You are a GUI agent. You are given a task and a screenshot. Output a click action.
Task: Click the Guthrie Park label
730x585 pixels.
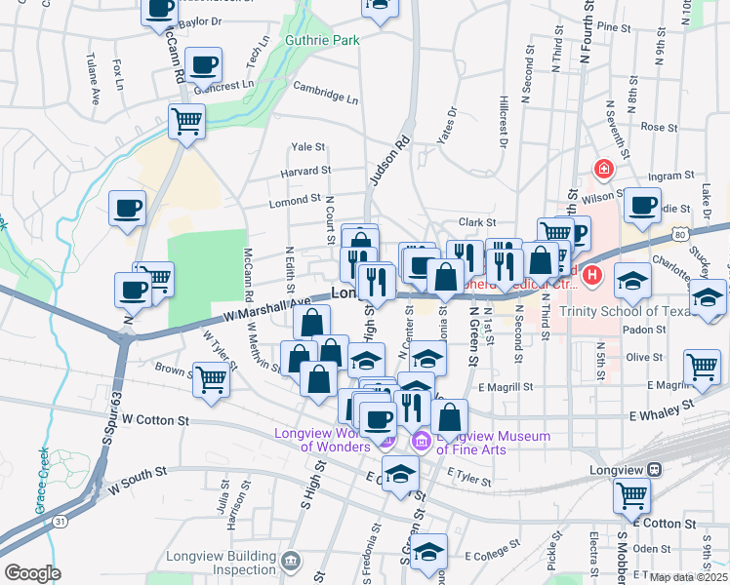tap(322, 40)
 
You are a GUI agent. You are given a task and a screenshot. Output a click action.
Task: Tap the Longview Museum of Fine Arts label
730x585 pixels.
tap(492, 443)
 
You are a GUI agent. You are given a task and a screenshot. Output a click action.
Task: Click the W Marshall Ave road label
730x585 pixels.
tap(266, 309)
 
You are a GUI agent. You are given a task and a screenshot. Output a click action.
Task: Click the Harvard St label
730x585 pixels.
tap(306, 172)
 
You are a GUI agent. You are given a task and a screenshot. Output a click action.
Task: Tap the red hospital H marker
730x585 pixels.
tap(591, 278)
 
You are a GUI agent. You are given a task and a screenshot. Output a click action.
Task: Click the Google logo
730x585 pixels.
tap(32, 572)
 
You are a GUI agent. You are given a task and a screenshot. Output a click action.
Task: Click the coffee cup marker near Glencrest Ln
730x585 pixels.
tap(203, 65)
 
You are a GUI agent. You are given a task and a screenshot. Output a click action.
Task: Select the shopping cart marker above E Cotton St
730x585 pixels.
tap(632, 494)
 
